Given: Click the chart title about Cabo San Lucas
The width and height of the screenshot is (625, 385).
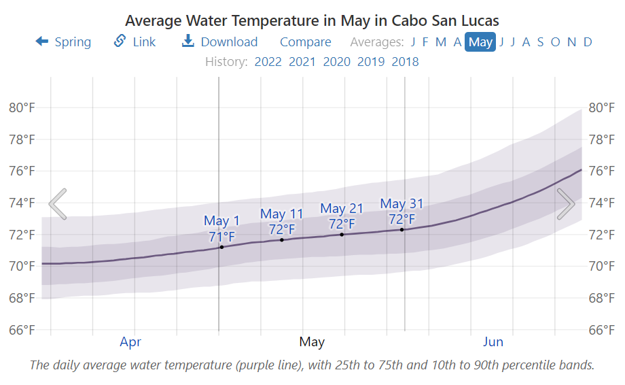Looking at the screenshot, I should pos(312,20).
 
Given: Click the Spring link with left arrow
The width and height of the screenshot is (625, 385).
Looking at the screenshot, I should pos(63,42).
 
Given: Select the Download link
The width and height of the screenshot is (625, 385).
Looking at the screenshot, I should pos(219,42).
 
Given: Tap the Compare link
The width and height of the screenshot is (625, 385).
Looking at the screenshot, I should pos(305,42).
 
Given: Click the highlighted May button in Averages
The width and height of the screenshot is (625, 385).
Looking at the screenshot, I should pos(480,42).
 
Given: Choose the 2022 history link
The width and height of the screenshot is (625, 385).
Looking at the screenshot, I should pos(268,62).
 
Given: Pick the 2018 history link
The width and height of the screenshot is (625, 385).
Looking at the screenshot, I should pos(405,62).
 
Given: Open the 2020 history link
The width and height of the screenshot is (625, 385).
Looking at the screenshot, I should pos(336,62).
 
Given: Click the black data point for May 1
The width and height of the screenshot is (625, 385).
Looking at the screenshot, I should pos(221,247).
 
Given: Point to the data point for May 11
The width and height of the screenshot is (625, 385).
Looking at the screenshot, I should pos(282,239).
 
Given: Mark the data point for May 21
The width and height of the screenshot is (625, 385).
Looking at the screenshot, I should pos(342,235).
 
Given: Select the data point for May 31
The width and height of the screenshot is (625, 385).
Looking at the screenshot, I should pos(401,230).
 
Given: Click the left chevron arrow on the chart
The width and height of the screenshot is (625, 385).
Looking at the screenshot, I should pos(58,204).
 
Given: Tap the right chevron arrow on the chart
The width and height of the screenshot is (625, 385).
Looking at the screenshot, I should pos(565,204).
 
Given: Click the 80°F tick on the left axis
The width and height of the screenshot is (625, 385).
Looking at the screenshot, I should pos(22,107).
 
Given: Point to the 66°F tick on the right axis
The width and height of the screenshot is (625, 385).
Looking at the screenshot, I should pos(601,330).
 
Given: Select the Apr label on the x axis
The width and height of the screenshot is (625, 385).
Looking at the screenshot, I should pos(130,341).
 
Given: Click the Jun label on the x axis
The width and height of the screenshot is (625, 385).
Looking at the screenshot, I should pos(493,341).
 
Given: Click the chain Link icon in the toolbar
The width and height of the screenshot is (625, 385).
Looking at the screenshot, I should pos(120,41).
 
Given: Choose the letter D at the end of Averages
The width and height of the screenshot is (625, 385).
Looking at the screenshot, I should pos(588,42).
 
